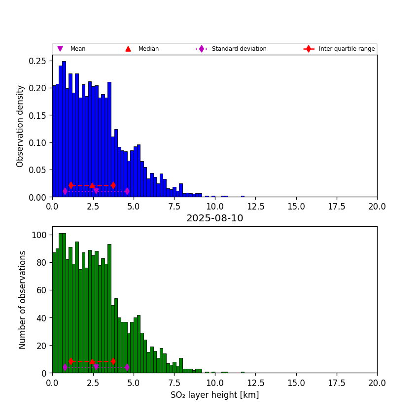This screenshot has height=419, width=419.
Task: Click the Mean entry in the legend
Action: coord(77,49)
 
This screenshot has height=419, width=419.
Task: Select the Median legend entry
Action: coord(148,49)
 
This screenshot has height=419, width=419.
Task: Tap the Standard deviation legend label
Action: coord(239,49)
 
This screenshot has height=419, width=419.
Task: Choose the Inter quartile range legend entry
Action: coord(346,49)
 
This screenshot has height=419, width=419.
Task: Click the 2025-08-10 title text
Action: coord(214,218)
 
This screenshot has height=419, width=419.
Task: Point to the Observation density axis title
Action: coord(20,126)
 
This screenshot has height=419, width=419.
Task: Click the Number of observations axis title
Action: coord(23,300)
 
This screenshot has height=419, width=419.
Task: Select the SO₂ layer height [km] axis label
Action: coord(214,395)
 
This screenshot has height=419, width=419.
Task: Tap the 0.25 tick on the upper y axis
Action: coord(37,61)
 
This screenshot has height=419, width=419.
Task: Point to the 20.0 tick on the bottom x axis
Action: coord(377,382)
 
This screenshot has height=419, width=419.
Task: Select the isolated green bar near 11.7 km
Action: coord(243,372)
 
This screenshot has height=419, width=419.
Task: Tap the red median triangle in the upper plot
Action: coord(92,185)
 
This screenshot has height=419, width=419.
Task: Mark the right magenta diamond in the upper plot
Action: coord(127,191)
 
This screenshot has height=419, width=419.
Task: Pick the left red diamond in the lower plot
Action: coord(71,361)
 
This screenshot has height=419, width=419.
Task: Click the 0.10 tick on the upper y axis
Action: coord(37,142)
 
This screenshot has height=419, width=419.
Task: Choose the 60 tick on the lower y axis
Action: coord(41,290)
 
